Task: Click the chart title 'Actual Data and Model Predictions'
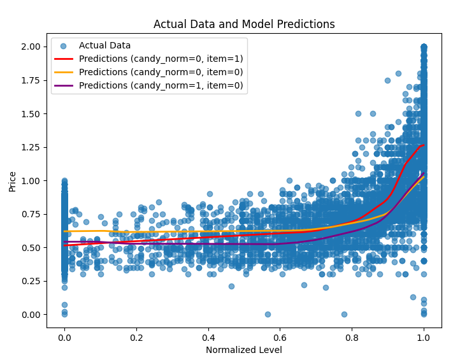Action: (x=244, y=24)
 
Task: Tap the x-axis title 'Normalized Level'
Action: (x=244, y=350)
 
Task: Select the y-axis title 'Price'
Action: (x=13, y=181)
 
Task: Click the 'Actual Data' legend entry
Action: (x=104, y=45)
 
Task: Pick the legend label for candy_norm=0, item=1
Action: (x=161, y=59)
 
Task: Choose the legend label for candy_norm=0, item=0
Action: (x=161, y=72)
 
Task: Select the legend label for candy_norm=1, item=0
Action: (x=161, y=85)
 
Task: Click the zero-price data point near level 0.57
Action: (x=268, y=314)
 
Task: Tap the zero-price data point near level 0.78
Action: (x=344, y=314)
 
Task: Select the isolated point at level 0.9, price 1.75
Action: (x=387, y=80)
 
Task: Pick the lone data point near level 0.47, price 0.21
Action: (x=231, y=286)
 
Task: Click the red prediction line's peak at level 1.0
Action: (x=422, y=145)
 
